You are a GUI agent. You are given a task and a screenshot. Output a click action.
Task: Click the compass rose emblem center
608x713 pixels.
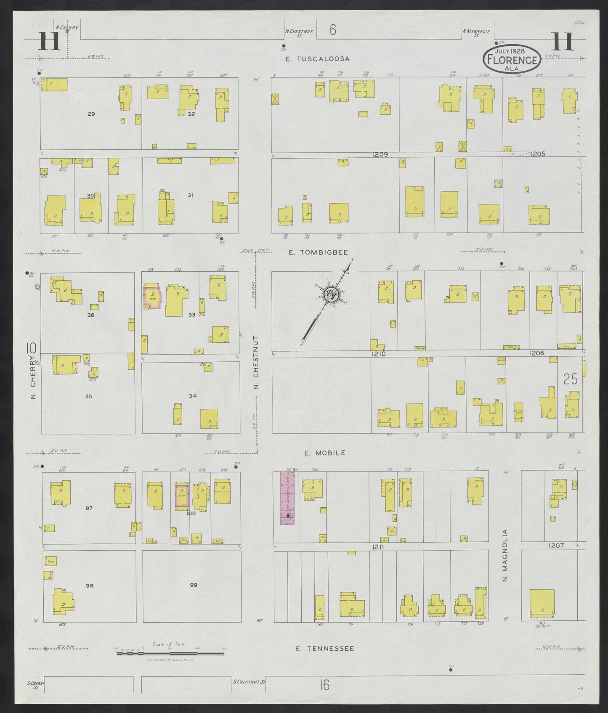(331, 294)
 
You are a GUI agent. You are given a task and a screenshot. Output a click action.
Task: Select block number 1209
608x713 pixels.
(380, 154)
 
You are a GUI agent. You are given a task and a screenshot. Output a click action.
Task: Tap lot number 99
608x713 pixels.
(194, 585)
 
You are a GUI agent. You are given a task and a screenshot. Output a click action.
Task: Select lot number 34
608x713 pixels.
(193, 396)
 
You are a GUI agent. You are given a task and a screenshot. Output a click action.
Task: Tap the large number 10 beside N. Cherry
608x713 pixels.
(32, 348)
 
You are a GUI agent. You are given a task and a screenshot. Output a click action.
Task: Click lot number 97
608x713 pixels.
(88, 509)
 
